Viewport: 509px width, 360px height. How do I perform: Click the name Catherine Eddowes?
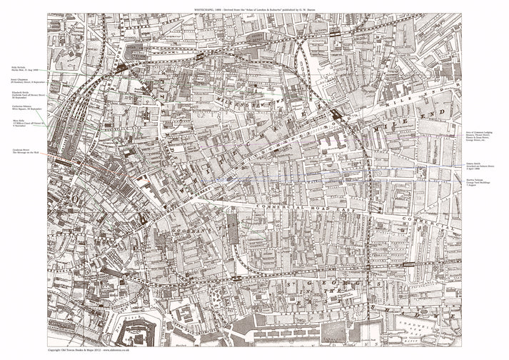22,109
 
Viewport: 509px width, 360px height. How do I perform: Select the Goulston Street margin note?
22,141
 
